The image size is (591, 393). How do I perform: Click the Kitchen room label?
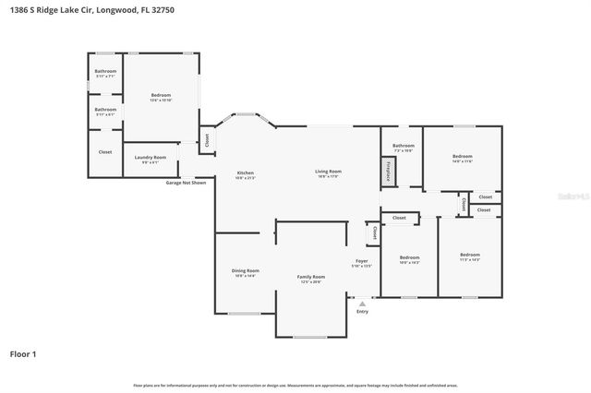245,173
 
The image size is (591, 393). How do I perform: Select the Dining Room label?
246,271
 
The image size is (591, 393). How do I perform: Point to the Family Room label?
310,278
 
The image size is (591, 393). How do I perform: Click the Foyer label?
362,262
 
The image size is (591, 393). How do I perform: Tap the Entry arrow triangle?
362,302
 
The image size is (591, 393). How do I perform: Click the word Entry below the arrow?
362,311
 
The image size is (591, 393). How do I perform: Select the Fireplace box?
389,172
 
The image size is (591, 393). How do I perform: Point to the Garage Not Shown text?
186,183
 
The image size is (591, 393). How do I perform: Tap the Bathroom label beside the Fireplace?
404,146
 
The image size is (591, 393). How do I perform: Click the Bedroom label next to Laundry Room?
162,96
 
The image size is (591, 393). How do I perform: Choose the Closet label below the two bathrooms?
105,152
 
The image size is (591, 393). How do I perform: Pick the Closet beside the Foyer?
374,234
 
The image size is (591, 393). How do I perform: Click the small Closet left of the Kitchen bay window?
207,140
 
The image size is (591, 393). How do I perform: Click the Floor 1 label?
22,353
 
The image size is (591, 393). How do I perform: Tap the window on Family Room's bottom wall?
311,338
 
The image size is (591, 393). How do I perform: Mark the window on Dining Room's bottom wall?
244,315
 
